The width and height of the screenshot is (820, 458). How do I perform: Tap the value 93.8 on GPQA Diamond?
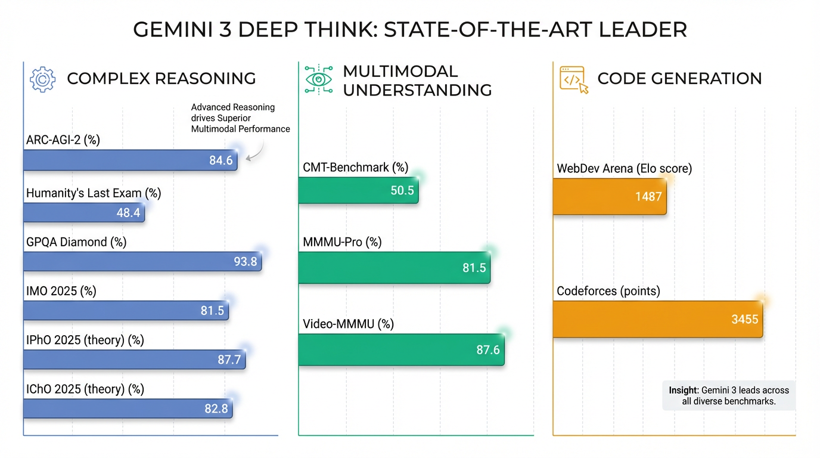[245, 261]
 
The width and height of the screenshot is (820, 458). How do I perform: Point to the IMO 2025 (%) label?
[61, 291]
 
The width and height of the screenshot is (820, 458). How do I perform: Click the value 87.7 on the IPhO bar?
[229, 359]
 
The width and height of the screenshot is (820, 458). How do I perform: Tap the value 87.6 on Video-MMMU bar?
[487, 350]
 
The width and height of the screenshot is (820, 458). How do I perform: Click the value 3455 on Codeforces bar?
[745, 319]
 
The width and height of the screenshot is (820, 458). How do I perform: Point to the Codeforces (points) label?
[608, 291]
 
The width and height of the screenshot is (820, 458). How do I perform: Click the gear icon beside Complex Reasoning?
[42, 79]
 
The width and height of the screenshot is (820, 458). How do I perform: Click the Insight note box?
[728, 395]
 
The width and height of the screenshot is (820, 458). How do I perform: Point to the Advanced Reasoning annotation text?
[240, 118]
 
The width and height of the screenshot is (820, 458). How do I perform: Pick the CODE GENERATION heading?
[679, 79]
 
